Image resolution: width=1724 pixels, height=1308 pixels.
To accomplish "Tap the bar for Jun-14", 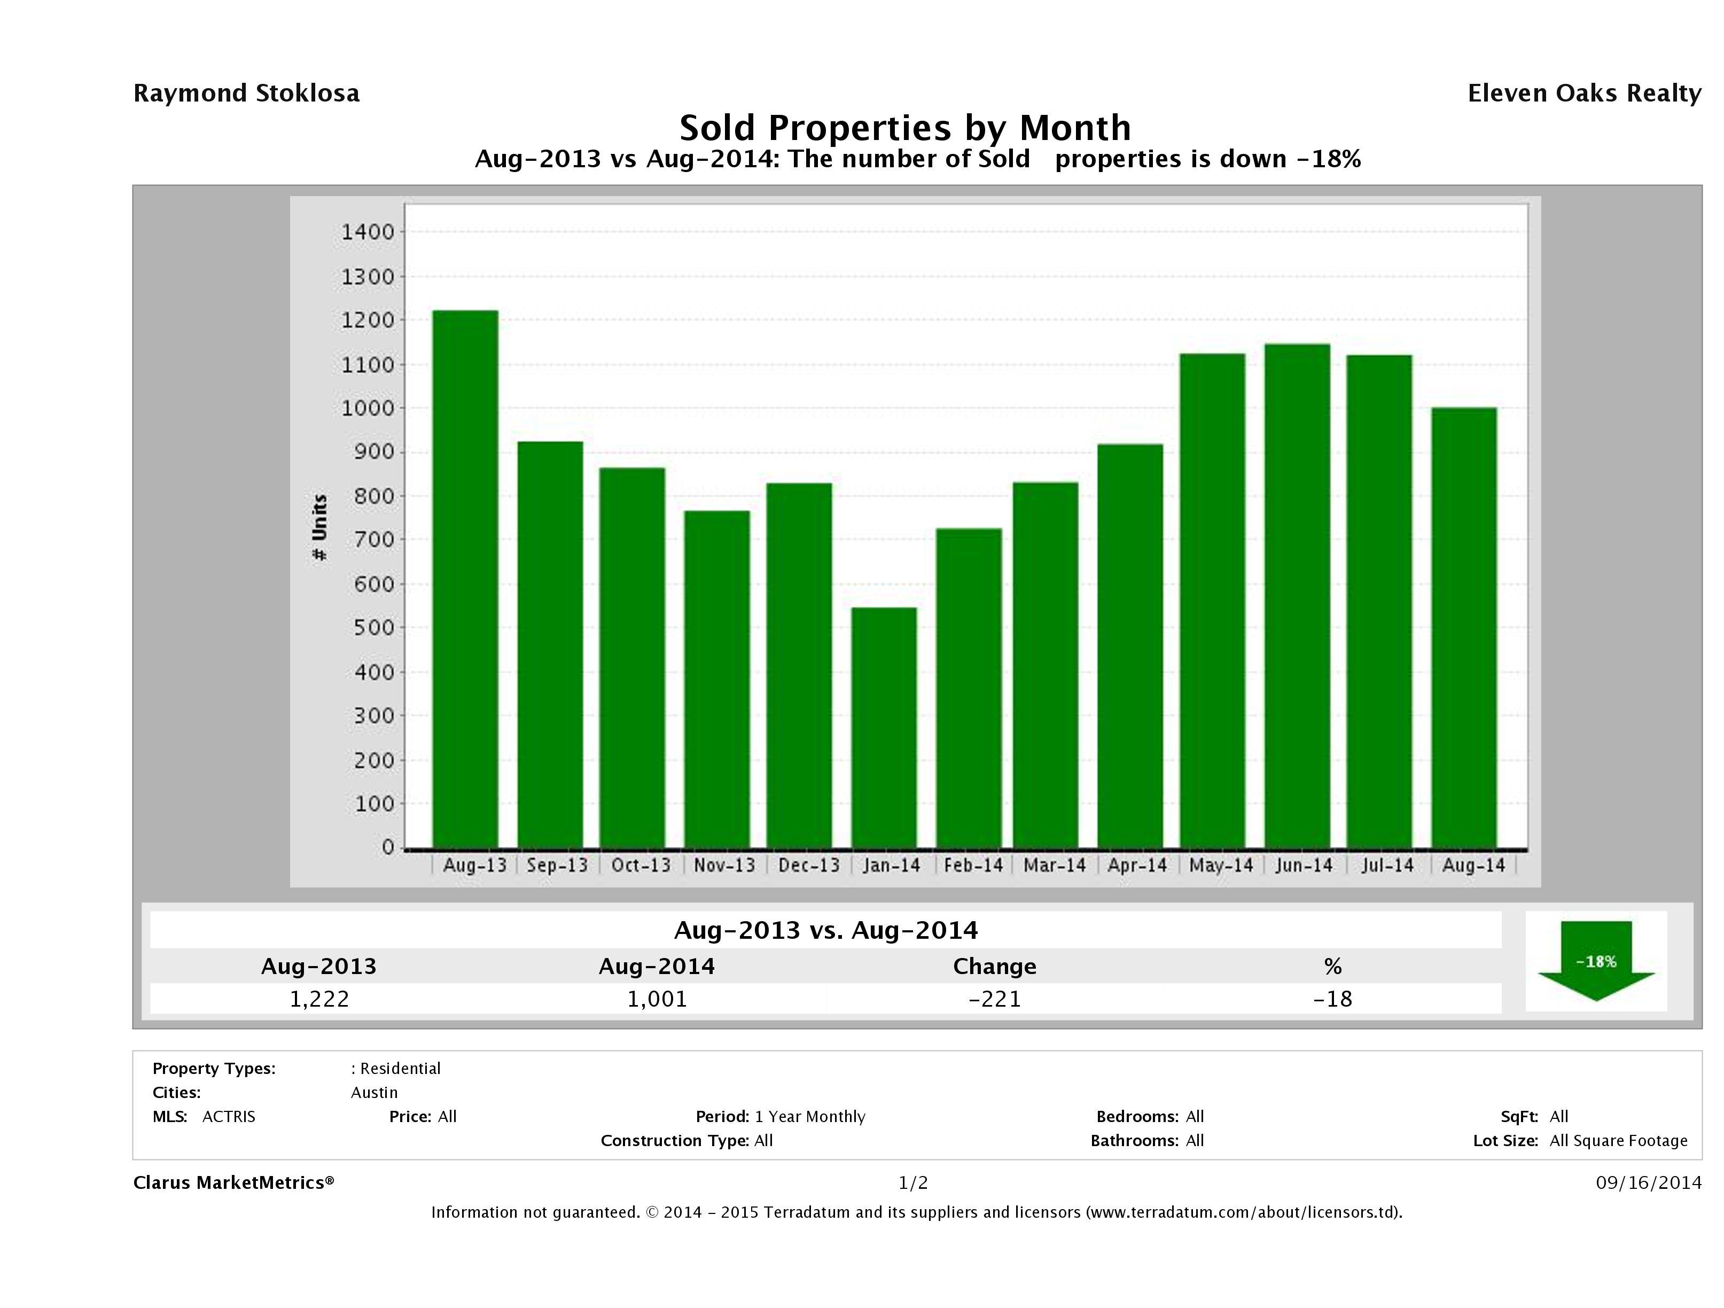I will pos(1297,596).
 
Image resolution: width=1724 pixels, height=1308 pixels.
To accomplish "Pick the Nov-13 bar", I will pos(717,679).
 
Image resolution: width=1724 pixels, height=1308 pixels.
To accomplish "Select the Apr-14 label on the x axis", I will pos(1137,865).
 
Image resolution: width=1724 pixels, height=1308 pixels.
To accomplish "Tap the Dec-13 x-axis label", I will pos(809,865).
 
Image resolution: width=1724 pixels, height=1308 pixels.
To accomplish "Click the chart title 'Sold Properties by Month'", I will pos(905,128).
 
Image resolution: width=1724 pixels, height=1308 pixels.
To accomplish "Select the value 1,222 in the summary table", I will pos(319,999).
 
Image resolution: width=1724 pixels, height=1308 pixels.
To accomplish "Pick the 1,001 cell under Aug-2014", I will pos(657,999).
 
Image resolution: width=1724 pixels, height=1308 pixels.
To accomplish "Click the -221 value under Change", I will pos(995,999).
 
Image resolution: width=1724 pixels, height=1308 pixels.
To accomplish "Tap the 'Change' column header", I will pos(995,967).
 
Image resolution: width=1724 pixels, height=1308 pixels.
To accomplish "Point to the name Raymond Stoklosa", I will pos(246,94).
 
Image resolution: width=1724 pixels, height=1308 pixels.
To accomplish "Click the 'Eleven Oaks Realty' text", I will pos(1583,94).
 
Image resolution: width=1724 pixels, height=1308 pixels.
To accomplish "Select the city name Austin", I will pos(374,1093).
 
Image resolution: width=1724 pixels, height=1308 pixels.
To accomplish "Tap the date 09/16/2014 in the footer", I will pos(1648,1184).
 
